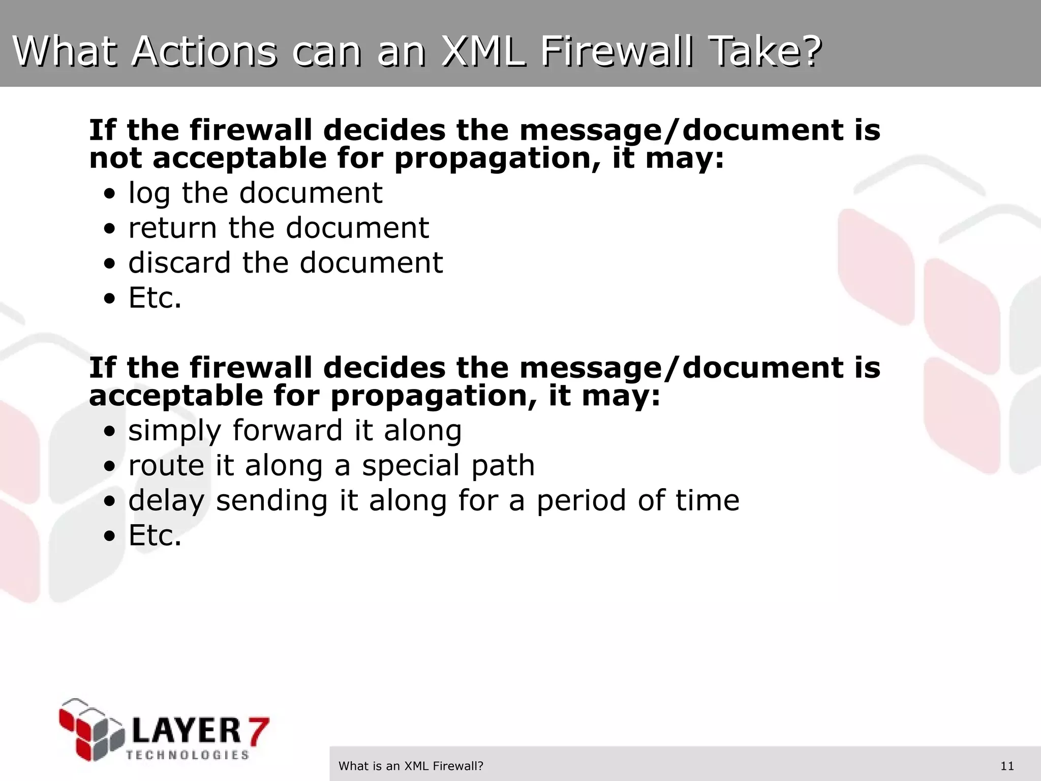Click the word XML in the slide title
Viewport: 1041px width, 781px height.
(483, 52)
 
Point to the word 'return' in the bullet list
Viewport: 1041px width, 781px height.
(172, 228)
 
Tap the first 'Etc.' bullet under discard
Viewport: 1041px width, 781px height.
(155, 298)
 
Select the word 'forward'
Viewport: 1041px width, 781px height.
(288, 431)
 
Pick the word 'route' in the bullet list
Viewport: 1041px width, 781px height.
(166, 466)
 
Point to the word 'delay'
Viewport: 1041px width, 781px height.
(166, 501)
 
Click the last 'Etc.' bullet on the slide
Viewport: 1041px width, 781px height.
(155, 536)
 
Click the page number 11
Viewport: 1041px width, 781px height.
(1007, 766)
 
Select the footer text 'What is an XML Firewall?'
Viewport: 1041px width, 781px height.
(411, 766)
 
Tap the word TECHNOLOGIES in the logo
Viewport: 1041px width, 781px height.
(188, 755)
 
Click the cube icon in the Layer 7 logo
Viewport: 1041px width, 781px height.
(91, 729)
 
